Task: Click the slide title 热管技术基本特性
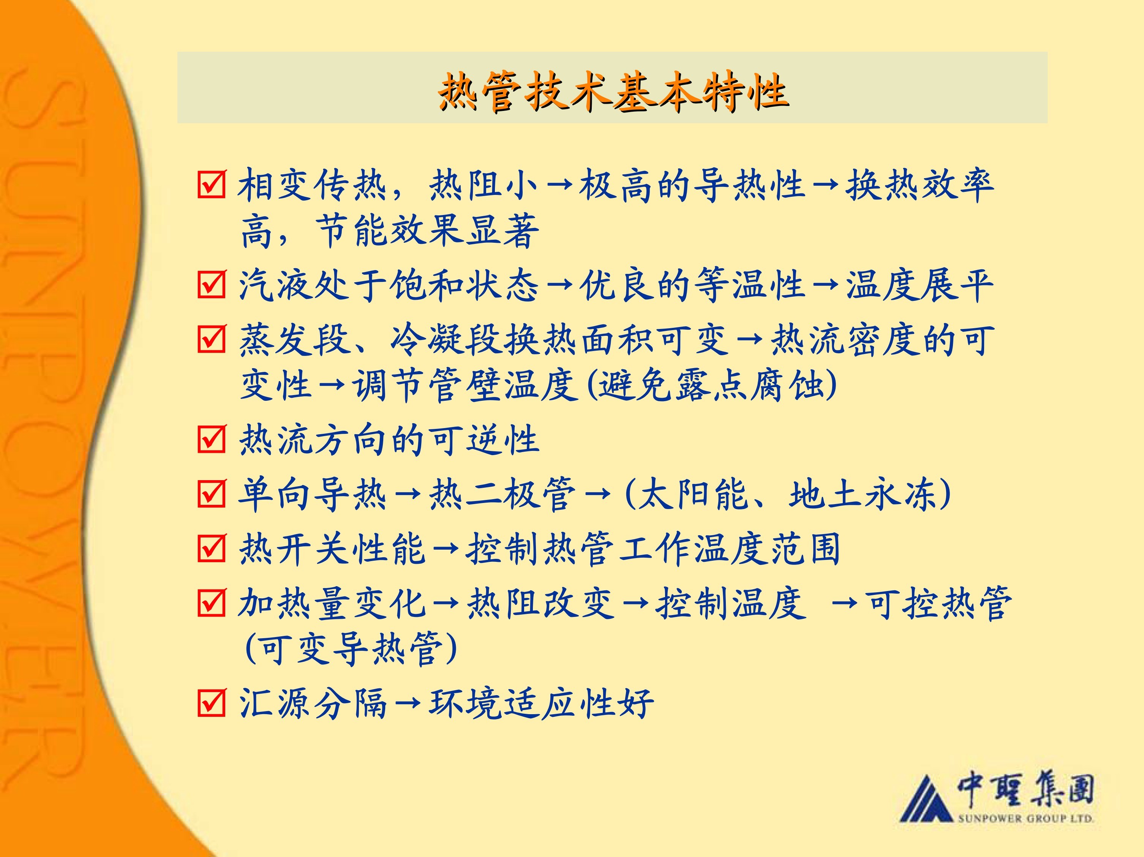pyautogui.click(x=613, y=92)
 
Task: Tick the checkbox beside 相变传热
pyautogui.click(x=212, y=185)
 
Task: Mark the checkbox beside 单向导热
pyautogui.click(x=212, y=493)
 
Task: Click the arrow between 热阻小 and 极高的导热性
pyautogui.click(x=559, y=185)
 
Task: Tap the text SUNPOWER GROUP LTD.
pyautogui.click(x=1025, y=818)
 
